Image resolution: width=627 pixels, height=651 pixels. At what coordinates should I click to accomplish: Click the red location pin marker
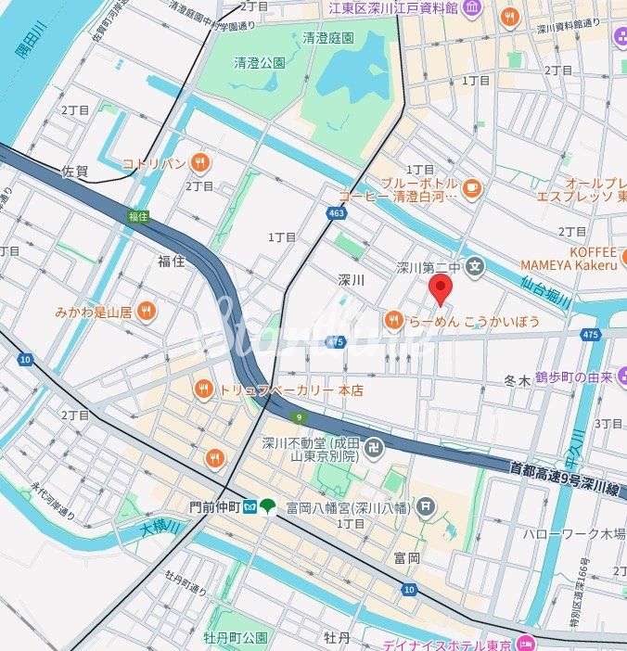441,289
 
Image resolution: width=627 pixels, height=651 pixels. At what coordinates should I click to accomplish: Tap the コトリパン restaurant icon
199,164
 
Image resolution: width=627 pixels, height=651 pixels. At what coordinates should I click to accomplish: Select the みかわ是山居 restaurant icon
146,312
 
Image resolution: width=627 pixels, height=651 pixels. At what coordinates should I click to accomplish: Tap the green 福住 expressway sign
138,216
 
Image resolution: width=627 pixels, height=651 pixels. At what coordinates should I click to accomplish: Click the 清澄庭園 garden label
328,38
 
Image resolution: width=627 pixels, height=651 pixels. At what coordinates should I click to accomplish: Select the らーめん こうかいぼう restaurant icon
393,321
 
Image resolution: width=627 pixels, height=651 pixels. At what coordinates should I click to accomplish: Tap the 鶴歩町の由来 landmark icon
620,377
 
